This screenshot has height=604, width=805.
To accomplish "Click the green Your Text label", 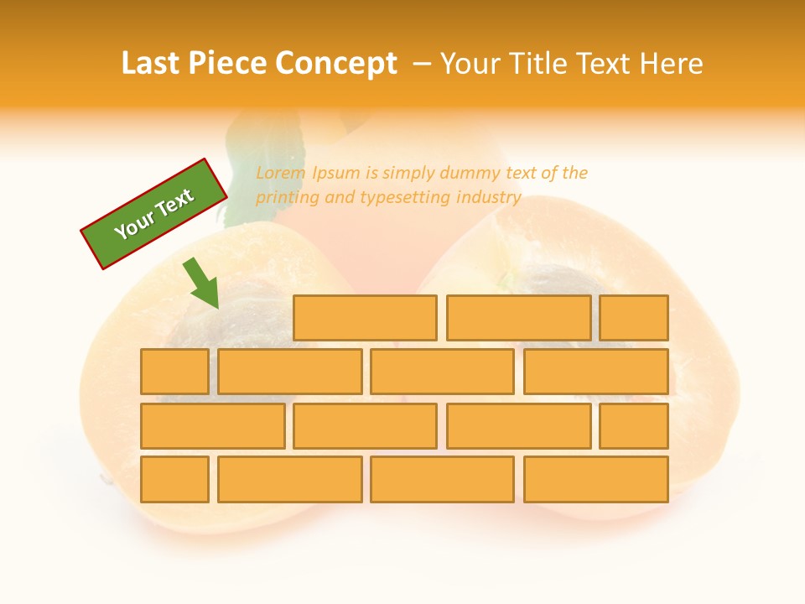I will click(x=154, y=214).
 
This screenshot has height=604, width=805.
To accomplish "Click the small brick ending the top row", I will click(x=634, y=318).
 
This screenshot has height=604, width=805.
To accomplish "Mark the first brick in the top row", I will click(x=365, y=318).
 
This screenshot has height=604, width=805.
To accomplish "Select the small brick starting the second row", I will click(x=174, y=372).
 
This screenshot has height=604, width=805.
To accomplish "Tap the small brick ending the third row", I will click(x=634, y=426).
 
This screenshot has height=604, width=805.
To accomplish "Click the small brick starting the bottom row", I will click(x=174, y=480).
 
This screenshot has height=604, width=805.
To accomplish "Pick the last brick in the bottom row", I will click(x=596, y=480).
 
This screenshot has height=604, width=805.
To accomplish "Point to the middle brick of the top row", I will click(x=518, y=318).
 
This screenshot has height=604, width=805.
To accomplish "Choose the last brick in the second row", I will click(x=596, y=372).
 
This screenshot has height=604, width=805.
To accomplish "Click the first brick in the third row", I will click(x=212, y=426).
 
